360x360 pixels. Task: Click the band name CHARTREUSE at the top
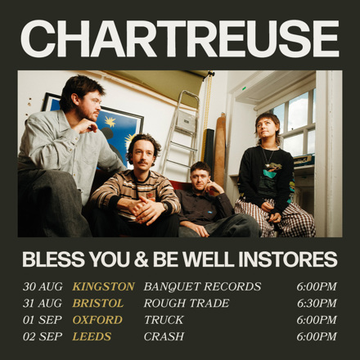[x=180, y=38]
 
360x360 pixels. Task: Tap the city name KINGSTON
[x=103, y=286]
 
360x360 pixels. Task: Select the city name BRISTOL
[x=97, y=304]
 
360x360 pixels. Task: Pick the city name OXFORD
[x=97, y=320]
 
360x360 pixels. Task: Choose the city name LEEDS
[x=92, y=336]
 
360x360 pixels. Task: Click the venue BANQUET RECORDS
[x=202, y=286]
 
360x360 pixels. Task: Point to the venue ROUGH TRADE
[x=187, y=304]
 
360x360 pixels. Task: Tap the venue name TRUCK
[x=164, y=320]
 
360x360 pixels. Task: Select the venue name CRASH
[x=164, y=336]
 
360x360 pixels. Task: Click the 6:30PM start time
[x=317, y=304]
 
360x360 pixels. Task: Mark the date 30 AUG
[x=43, y=286]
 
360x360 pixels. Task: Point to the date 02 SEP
[x=43, y=336]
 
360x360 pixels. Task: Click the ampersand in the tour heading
[x=141, y=259]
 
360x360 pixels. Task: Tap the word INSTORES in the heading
[x=288, y=259]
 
